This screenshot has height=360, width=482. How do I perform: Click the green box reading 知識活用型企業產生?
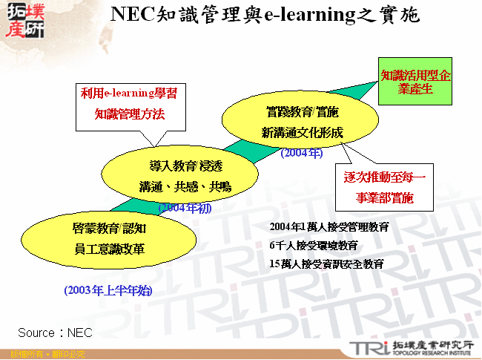pyautogui.click(x=415, y=82)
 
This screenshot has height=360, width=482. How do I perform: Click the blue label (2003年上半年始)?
pyautogui.click(x=108, y=290)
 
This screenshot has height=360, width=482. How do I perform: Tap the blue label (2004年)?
pyautogui.click(x=302, y=154)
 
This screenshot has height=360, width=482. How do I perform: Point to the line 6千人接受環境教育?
pyautogui.click(x=314, y=245)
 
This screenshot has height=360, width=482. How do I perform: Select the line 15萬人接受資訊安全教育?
pyautogui.click(x=326, y=264)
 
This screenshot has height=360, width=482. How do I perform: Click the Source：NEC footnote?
pyautogui.click(x=55, y=333)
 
